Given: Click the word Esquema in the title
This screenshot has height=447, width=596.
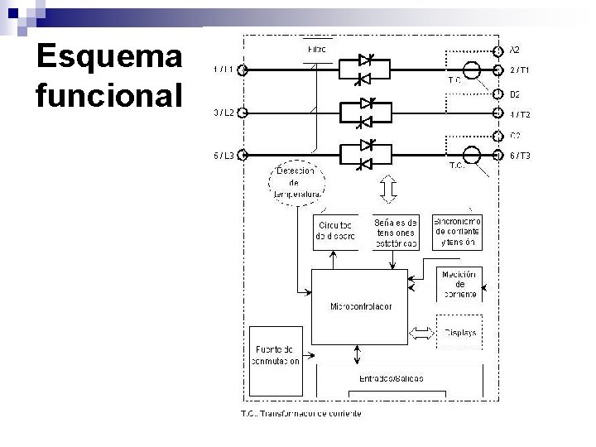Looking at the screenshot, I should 108,58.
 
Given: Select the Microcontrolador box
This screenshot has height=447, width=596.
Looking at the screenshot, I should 361,306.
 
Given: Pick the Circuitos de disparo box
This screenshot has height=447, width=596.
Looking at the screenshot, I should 334,231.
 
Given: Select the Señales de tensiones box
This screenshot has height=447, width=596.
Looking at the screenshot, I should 396,233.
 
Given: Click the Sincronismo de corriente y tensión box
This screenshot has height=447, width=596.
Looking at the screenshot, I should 458,233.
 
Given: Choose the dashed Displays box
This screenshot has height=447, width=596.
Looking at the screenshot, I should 460,333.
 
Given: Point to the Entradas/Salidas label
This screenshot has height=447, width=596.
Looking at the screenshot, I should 391,377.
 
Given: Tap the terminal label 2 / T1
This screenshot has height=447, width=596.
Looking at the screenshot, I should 520,70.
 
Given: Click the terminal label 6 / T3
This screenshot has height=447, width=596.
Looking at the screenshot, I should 520,156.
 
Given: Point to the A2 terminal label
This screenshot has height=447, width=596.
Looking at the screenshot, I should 514,49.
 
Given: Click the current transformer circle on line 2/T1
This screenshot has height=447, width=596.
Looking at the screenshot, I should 471,70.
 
